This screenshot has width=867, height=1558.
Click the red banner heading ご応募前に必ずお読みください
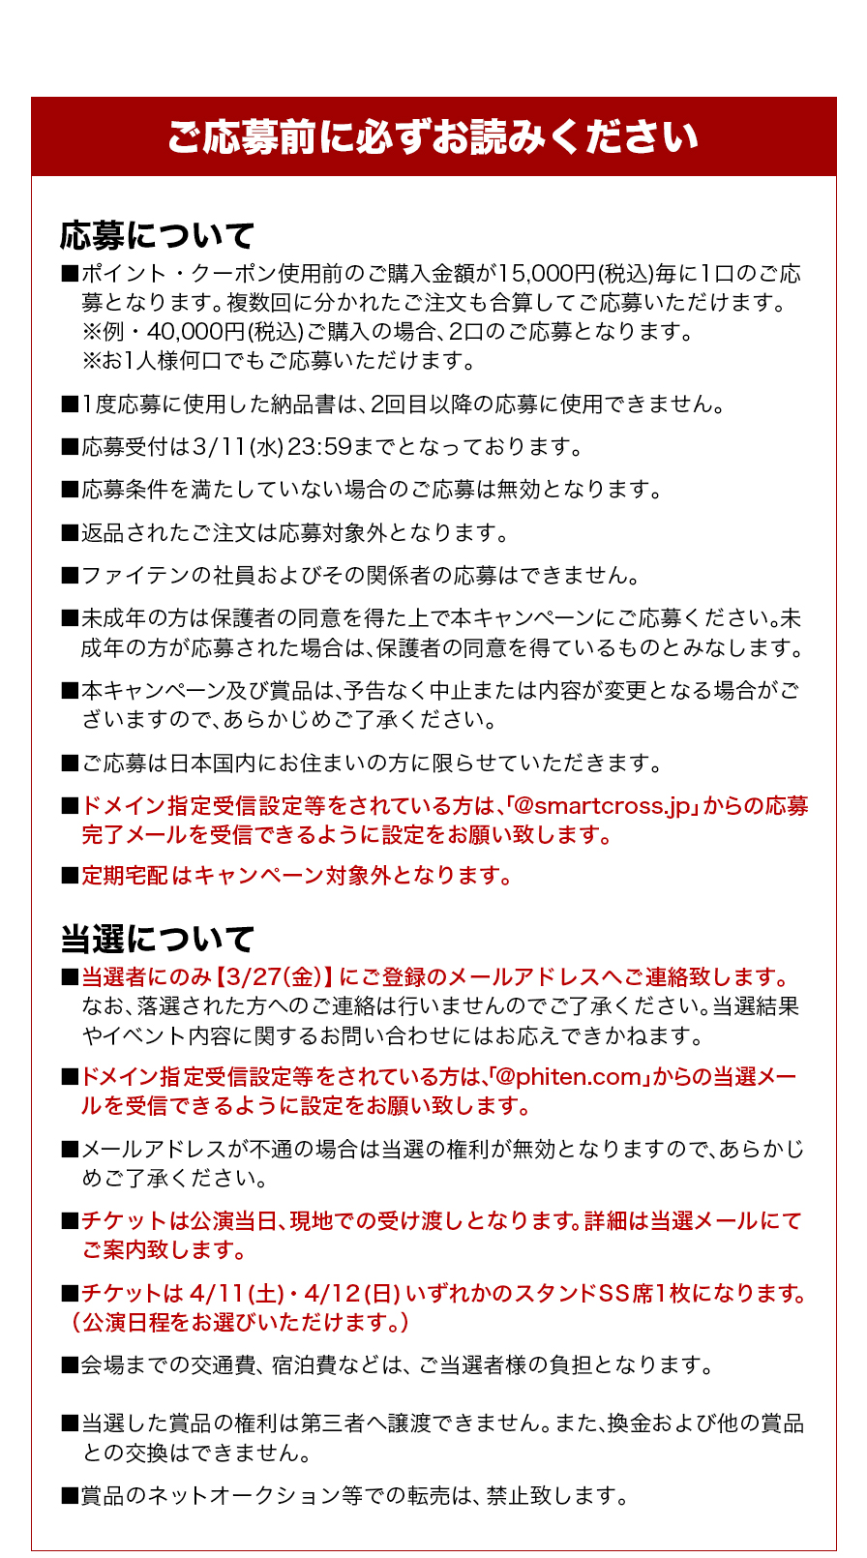[x=433, y=136]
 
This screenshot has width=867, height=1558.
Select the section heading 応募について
[x=157, y=235]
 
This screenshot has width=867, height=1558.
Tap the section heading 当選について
[x=157, y=939]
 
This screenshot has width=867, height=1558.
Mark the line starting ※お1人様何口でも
[x=279, y=361]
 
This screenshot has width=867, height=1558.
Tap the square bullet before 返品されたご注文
[x=70, y=533]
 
